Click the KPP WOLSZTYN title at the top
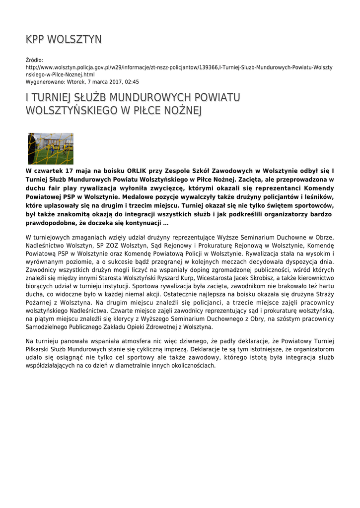(64, 39)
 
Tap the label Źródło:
(34, 60)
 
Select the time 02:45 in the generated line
(132, 82)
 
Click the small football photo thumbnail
(51, 148)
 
